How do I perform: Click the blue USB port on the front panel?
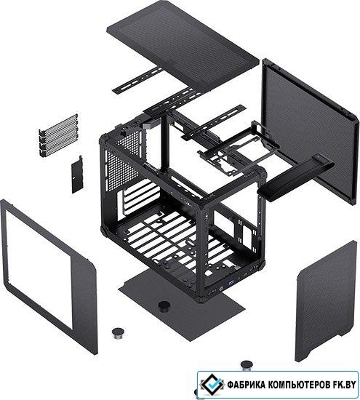231,282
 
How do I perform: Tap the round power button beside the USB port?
220,289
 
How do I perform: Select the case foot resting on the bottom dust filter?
164,306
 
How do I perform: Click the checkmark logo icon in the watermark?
212,384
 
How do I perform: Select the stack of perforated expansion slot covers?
58,135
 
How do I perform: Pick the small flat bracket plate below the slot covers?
77,175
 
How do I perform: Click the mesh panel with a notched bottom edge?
326,301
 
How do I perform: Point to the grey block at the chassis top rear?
148,125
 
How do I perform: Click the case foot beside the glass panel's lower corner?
118,334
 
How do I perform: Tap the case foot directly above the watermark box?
247,365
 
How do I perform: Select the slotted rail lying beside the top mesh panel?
137,81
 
